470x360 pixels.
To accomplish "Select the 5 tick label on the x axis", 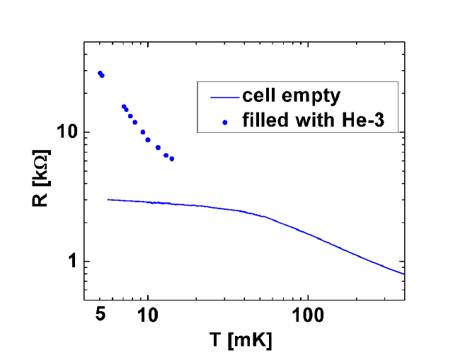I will (x=101, y=312).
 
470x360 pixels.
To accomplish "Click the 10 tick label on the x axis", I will (x=148, y=312).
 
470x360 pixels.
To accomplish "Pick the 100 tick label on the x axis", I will (x=307, y=312).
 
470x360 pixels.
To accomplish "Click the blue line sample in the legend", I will (x=222, y=96).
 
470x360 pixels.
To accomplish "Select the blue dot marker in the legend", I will (x=225, y=122).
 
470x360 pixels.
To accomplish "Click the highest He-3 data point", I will (x=100, y=73).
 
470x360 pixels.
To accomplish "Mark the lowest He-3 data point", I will (x=171, y=158).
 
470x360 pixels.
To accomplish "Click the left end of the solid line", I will (x=108, y=199).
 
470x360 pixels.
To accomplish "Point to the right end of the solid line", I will (x=403, y=274).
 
